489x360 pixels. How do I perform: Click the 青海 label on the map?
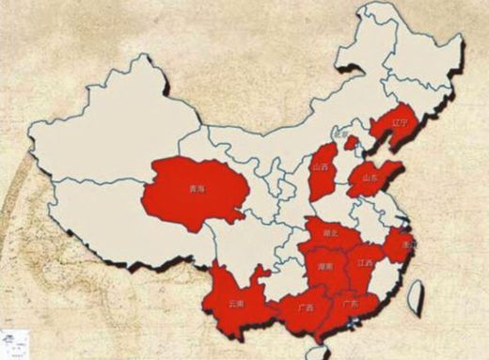(x=197, y=188)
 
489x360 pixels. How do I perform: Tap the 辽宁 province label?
(x=401, y=122)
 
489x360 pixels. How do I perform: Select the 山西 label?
(x=322, y=166)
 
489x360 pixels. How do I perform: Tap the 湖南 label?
(x=324, y=267)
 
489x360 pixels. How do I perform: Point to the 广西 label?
(x=304, y=307)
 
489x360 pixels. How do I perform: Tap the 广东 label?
(x=351, y=304)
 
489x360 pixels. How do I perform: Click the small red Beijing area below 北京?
(x=352, y=144)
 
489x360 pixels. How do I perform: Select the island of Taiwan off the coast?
(x=416, y=299)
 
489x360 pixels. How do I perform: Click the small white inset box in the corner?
(x=13, y=342)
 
